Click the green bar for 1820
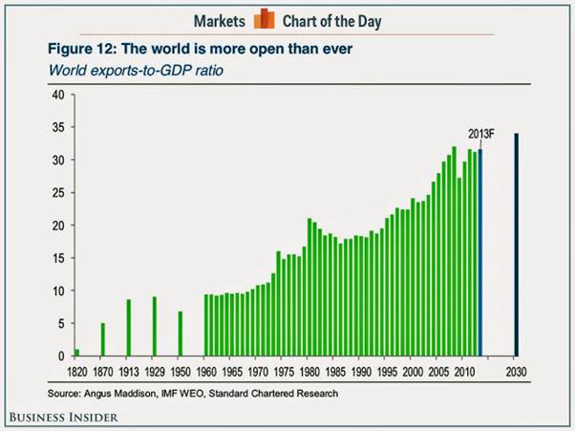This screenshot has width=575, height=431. (77, 352)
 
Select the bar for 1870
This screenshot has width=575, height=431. (103, 339)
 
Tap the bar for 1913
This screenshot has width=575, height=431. (129, 328)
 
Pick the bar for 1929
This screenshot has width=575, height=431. (155, 326)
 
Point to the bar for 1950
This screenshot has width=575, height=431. (181, 334)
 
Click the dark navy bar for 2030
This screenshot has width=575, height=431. (517, 245)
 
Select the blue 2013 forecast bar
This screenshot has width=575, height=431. (480, 252)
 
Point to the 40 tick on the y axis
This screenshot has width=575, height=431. (57, 95)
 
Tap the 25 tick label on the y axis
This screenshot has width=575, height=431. (57, 193)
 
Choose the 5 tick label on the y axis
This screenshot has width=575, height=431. (60, 323)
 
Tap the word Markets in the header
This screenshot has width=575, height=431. (222, 20)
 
